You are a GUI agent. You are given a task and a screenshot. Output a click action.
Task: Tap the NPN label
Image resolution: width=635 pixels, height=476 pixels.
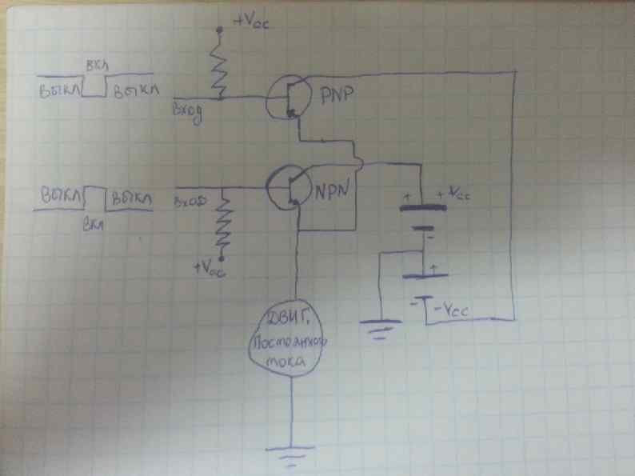tap(330, 192)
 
